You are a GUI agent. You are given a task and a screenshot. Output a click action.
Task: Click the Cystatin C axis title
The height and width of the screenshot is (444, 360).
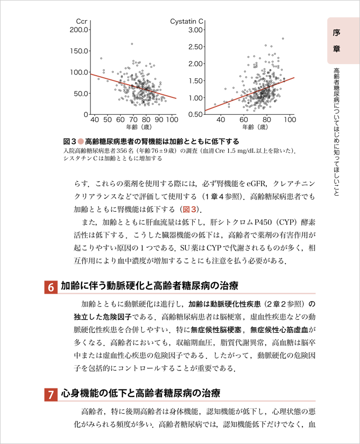187,21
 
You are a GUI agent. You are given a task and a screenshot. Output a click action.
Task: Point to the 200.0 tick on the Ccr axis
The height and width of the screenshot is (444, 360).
78,30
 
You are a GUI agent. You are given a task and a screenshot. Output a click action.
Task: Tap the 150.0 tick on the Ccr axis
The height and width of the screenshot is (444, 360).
78,51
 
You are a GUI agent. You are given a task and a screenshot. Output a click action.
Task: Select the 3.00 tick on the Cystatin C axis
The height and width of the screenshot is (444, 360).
196,30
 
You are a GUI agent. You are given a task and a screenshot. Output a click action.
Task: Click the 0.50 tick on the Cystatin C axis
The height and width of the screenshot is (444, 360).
196,115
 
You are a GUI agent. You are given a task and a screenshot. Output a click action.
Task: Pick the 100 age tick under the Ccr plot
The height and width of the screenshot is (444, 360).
171,120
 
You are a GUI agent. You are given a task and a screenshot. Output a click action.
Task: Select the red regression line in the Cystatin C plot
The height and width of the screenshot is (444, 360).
249,94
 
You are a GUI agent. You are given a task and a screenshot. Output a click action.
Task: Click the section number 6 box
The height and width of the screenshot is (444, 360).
51,287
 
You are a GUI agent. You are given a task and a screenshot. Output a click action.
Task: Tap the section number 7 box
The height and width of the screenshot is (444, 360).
51,395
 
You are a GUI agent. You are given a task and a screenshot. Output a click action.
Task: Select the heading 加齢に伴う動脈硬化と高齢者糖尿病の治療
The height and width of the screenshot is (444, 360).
149,286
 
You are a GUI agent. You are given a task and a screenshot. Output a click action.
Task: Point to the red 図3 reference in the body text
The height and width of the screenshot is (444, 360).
191,209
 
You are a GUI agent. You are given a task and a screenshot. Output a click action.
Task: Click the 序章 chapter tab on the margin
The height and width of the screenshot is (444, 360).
337,40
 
